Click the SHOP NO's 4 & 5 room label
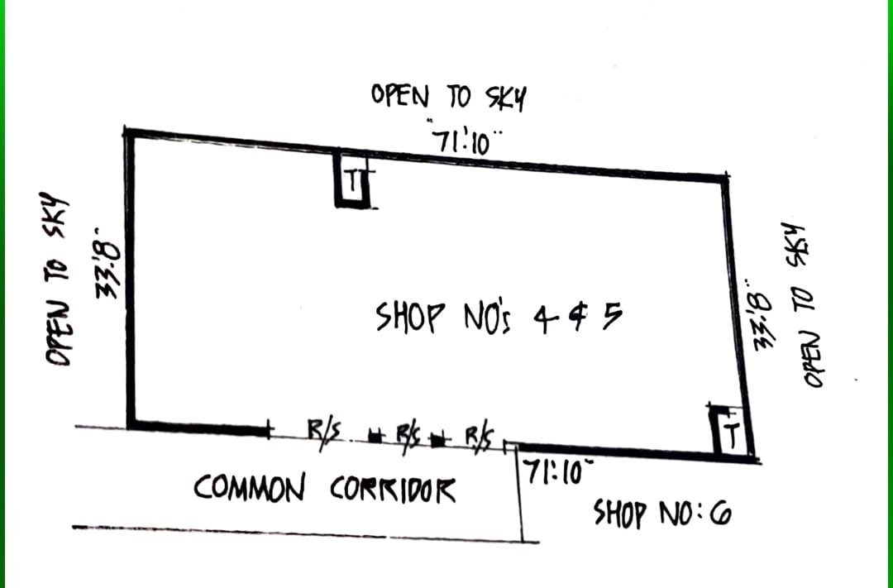pos(497,318)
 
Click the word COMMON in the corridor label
pos(248,488)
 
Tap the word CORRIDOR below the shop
pos(393,490)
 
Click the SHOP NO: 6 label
pos(662,515)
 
